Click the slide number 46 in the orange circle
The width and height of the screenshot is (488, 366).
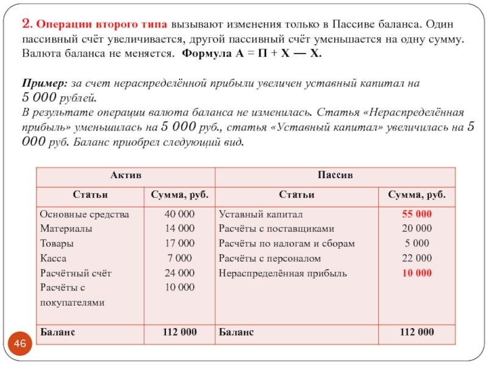(20, 345)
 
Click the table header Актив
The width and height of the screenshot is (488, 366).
(126, 174)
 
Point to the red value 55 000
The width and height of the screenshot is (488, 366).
(417, 215)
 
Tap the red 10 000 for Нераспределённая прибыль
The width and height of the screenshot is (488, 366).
(417, 273)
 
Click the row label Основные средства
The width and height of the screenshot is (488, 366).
(84, 215)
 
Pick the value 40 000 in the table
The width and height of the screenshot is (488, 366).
(179, 215)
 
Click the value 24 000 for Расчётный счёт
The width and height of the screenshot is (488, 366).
(179, 273)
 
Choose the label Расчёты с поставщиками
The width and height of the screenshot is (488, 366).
(276, 229)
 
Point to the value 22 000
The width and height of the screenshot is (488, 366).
(417, 258)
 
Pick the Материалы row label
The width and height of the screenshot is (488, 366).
(66, 229)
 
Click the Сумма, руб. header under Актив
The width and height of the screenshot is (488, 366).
(179, 195)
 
